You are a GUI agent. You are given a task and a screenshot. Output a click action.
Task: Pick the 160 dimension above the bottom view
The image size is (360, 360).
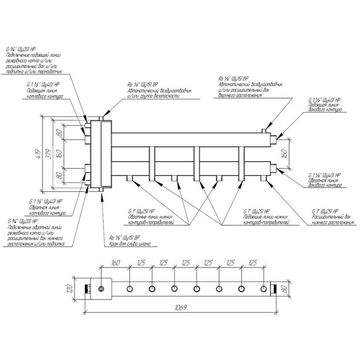click(116, 263)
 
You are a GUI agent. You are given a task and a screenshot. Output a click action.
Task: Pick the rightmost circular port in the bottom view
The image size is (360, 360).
click(264, 289)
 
